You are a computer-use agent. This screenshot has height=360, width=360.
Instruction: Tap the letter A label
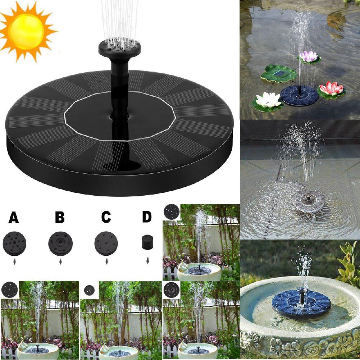click(14, 218)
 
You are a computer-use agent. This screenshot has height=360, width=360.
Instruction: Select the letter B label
click(60, 218)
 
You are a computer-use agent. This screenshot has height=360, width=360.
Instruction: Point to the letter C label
click(106, 218)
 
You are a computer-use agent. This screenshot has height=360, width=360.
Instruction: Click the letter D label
click(147, 217)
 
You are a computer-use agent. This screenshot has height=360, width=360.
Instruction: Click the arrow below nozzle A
click(14, 261)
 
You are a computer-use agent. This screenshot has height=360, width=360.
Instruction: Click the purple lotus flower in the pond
click(309, 56)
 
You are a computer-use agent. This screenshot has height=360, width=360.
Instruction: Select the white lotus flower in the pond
click(268, 100)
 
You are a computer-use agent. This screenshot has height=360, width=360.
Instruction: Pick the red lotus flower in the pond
click(331, 88)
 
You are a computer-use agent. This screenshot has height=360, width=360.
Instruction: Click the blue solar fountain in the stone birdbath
click(301, 304)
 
